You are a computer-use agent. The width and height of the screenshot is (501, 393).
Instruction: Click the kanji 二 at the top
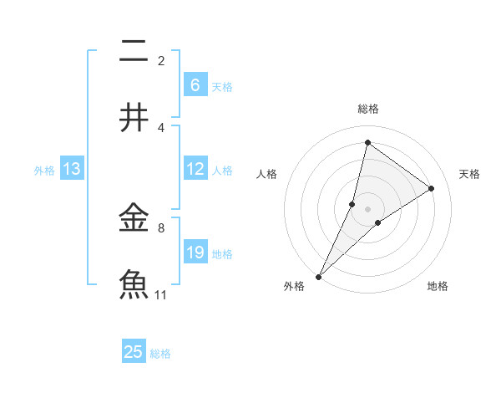(134, 53)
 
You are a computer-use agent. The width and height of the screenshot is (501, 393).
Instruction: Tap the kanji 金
(134, 219)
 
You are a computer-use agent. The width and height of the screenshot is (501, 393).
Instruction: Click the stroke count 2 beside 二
(161, 61)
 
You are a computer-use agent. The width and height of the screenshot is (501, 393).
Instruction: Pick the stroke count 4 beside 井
(161, 127)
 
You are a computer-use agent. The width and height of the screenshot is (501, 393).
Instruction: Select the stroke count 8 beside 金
(161, 227)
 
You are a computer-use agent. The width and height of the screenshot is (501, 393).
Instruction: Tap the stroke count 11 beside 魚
(161, 294)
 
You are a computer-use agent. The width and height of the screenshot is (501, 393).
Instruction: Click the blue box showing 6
(195, 84)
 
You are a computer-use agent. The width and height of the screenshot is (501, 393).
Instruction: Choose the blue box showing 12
(195, 169)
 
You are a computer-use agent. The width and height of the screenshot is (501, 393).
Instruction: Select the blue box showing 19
(195, 253)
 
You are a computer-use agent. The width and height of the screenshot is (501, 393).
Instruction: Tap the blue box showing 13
(72, 169)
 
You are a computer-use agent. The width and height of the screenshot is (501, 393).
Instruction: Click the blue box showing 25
(134, 352)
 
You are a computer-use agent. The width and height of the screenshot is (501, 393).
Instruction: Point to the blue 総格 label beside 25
(160, 354)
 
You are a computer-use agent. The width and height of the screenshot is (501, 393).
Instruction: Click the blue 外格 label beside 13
(44, 171)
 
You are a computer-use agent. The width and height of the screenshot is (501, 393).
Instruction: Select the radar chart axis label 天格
(469, 174)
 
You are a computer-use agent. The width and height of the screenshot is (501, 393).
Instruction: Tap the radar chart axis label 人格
(266, 174)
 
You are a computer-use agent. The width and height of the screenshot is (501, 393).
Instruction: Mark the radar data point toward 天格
(432, 188)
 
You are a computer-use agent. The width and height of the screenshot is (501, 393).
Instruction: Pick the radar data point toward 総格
(367, 143)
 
